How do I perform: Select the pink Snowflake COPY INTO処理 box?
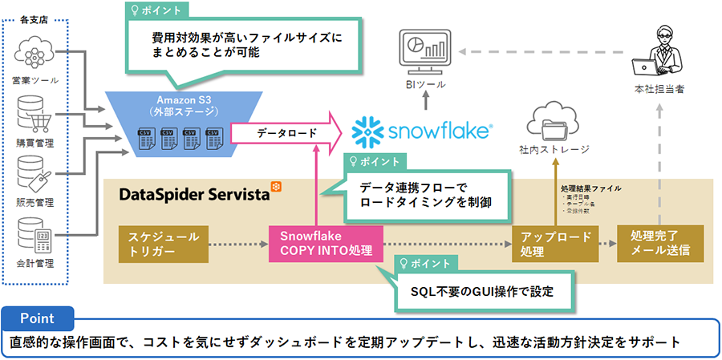click(x=325, y=242)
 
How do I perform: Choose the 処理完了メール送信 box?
click(x=660, y=242)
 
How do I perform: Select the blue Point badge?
click(x=37, y=318)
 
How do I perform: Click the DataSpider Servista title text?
click(x=194, y=193)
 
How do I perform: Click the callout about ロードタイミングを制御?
click(x=423, y=195)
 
